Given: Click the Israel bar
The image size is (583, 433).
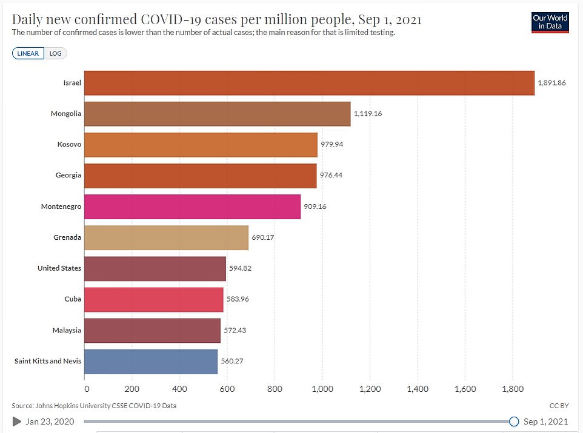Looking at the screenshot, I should pos(309,82).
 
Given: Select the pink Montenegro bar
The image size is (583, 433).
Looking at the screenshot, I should pos(192,207).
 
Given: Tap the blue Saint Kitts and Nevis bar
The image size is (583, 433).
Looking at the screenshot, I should pos(151,361).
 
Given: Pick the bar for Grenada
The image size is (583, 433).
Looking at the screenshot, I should pos(166,237).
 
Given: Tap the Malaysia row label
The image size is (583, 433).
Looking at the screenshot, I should pos(66,330).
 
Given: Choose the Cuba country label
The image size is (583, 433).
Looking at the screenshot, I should pos(73,299).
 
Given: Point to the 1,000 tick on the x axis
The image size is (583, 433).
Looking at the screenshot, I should pos(322,389).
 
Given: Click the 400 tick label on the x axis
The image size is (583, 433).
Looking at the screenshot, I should pos(179,389).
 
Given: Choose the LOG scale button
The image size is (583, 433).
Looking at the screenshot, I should pos(55,53).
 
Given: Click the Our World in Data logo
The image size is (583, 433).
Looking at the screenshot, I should pos(549,21).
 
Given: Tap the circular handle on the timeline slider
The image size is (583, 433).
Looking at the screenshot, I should pos(514,421).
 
